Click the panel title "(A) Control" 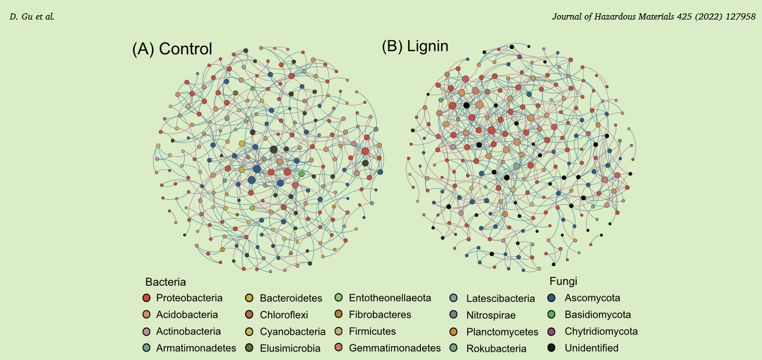172,49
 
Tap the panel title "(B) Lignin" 415,46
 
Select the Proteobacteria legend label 189,298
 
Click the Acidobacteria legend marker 146,315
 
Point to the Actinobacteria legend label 188,332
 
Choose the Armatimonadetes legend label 196,348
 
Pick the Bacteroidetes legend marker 250,298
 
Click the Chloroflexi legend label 284,315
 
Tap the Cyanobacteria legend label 293,332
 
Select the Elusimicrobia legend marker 250,348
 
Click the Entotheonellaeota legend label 390,298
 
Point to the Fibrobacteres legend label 380,315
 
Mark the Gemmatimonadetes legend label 395,348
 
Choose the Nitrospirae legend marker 454,315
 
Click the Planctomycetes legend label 502,332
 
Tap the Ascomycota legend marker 552,298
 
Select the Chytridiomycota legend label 601,332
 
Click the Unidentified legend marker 552,348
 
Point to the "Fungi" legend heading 563,281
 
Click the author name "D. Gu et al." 32,17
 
